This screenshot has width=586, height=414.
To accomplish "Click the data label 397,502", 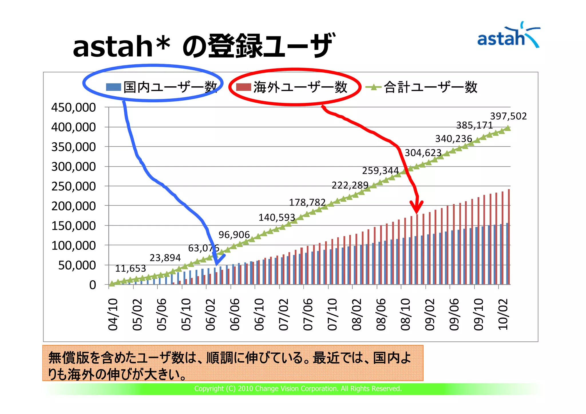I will tap(508, 116).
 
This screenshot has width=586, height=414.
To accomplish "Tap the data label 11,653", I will tap(130, 268).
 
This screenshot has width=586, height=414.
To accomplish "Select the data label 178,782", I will tap(307, 202).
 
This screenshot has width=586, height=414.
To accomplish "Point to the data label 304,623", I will tap(423, 153).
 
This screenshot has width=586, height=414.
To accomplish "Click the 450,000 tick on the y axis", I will tap(74, 108).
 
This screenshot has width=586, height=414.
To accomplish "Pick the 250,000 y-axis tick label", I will tap(74, 186).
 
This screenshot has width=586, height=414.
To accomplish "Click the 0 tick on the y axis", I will tap(92, 285).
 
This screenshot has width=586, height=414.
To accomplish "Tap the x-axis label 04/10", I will tap(113, 314).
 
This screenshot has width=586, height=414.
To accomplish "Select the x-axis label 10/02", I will tap(503, 314).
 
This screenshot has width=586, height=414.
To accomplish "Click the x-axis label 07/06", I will tap(308, 314).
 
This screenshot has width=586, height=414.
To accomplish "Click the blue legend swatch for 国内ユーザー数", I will tap(113, 87).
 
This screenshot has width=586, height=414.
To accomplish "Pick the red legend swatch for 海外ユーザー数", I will tap(243, 87).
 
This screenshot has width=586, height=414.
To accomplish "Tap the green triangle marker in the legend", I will tap(373, 87).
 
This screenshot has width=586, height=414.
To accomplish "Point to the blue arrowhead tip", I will tap(217, 264).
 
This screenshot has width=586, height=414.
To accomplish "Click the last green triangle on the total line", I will tap(508, 128).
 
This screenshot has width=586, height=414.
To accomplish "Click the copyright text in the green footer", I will tap(298, 389).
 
